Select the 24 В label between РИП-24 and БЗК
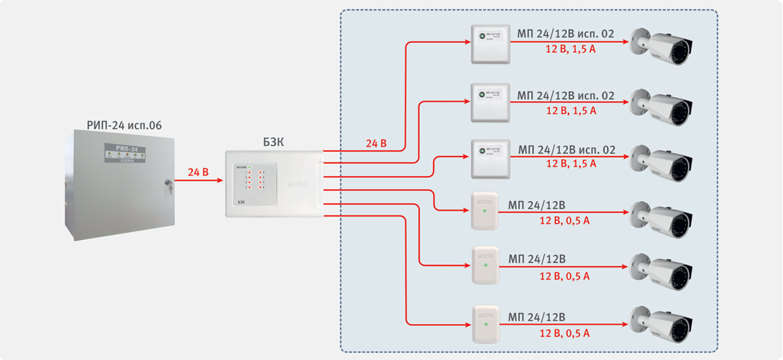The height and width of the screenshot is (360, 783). point(198,173)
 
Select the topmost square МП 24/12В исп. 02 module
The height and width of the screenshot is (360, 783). point(490,44)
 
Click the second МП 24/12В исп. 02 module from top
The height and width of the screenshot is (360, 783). point(490,102)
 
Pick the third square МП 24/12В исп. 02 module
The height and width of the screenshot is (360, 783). point(490,158)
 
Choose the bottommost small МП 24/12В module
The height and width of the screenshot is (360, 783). point(485,324)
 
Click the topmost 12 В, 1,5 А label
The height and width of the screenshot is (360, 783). point(571,50)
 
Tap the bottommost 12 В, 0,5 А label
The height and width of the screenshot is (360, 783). point(564,333)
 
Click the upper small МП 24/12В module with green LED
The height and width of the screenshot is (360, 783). point(485,210)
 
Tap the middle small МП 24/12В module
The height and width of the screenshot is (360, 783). point(485,265)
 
